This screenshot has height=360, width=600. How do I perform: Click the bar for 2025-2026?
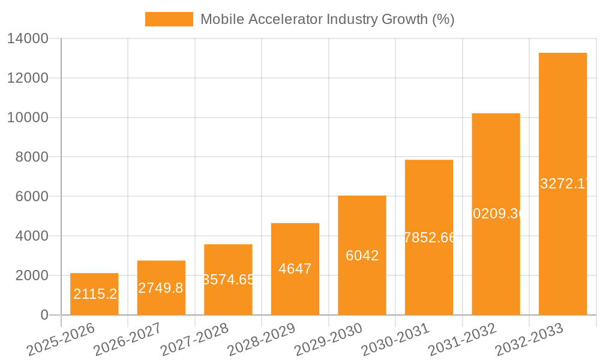pos(94,294)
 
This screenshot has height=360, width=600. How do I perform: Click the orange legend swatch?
pos(169,19)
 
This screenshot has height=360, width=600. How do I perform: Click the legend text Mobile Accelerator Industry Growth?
pos(327,19)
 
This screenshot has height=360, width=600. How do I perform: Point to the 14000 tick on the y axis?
pos(28,39)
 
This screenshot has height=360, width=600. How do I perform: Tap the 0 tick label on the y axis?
pos(44,315)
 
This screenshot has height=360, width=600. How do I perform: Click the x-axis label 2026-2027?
pos(128,338)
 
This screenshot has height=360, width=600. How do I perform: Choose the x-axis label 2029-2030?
pos(329,338)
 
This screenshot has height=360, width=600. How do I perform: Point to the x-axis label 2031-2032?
pos(463,338)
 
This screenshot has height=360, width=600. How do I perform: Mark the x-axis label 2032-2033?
pos(530,338)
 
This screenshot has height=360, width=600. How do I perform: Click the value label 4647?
pos(295,269)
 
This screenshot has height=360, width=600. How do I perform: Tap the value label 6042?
pos(362,256)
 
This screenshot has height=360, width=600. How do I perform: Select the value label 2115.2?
pos(95,294)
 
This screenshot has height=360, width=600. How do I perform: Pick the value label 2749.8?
pos(161,288)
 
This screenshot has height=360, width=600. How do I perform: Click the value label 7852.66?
pos(430,238)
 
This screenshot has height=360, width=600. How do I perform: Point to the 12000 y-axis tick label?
pos(28,79)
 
